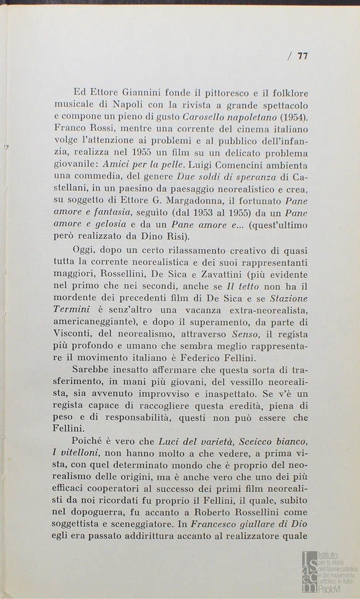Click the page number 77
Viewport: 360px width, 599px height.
tap(302, 56)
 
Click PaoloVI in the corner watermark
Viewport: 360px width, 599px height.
tap(330, 587)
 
